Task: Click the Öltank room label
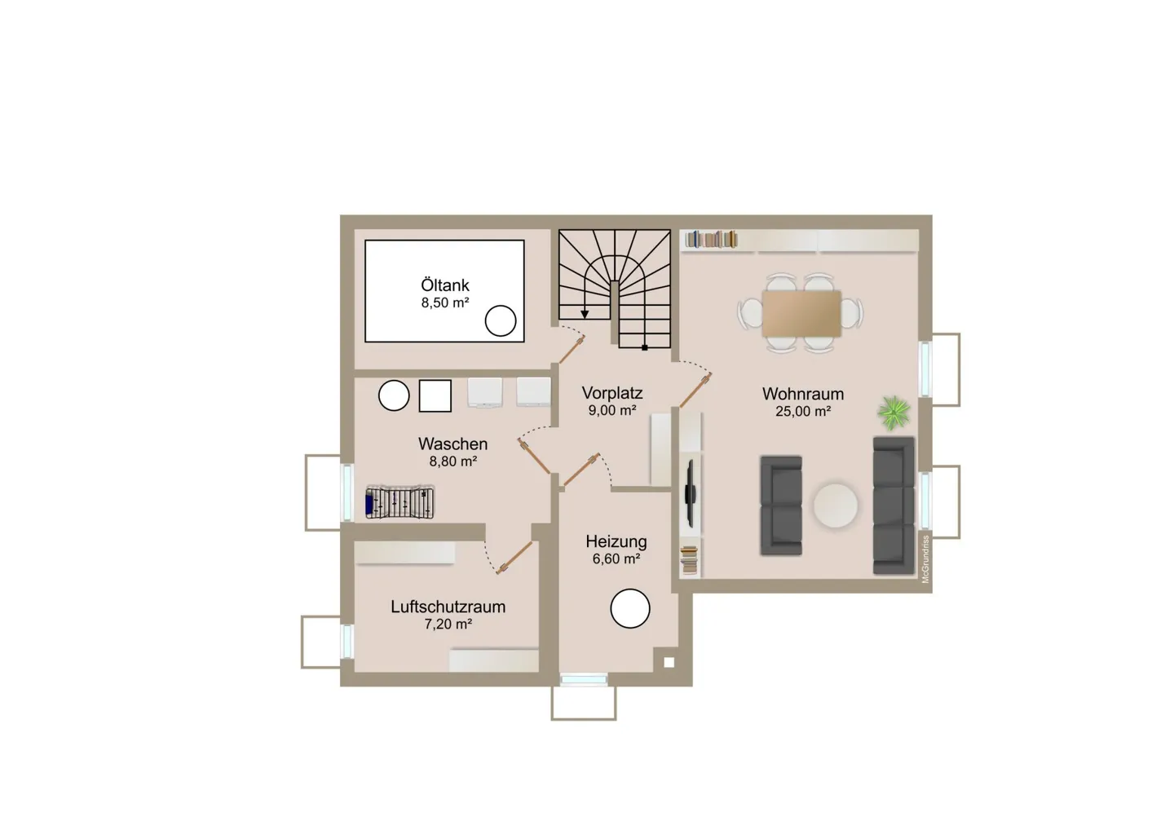click(445, 285)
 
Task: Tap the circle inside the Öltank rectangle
click(501, 320)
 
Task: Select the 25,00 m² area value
click(803, 412)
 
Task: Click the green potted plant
click(894, 413)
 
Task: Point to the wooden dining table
click(802, 314)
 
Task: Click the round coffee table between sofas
click(836, 506)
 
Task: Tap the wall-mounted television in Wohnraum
click(691, 493)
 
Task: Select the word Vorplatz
click(612, 393)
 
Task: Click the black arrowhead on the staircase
click(585, 315)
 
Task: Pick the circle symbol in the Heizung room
click(630, 608)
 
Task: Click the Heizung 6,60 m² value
click(616, 559)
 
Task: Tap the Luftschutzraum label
click(448, 607)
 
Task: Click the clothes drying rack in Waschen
click(399, 503)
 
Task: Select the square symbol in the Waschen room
click(435, 395)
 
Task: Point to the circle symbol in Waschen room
click(394, 395)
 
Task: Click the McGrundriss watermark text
click(925, 559)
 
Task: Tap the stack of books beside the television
click(689, 560)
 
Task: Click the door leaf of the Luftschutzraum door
click(516, 558)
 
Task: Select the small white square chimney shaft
click(669, 663)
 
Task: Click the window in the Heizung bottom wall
click(584, 680)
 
